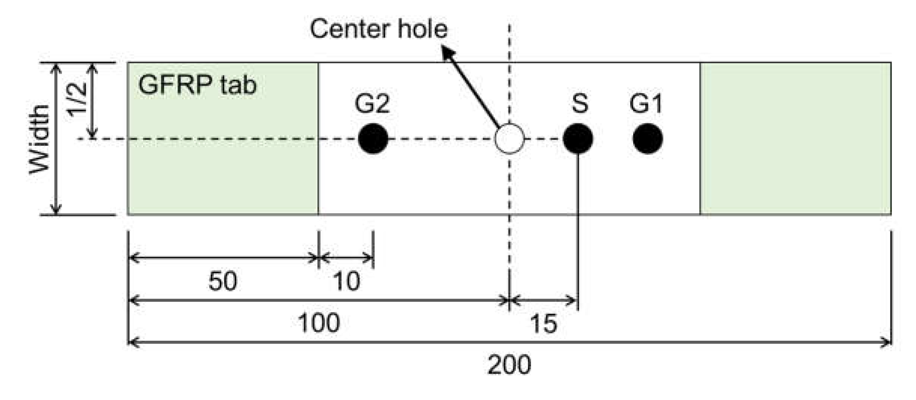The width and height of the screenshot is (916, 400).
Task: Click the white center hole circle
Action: coord(509,139)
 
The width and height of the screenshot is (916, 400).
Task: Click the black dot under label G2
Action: coord(373,139)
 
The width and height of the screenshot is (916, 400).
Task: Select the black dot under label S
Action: coord(578,139)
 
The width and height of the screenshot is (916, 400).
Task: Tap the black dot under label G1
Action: coord(647,139)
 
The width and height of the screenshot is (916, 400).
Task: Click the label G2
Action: coord(372,104)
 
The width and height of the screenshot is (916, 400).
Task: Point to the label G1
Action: coord(646,104)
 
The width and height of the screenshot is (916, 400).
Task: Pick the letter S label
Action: coord(579,104)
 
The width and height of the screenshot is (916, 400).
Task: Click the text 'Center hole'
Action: coord(378,29)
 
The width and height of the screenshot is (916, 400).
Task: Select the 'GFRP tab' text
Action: coord(197,85)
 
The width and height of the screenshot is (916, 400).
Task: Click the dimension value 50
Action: coord(223,281)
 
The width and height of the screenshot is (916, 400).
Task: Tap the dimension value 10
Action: coord(346,281)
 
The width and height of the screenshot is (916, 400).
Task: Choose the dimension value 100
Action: coord(318,323)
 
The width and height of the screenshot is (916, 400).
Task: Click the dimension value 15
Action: coord(543,323)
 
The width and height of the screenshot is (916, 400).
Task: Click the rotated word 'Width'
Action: coord(39,139)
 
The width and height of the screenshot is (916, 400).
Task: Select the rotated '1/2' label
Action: coord(77,100)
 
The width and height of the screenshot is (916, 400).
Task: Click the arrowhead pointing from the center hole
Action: coord(447,53)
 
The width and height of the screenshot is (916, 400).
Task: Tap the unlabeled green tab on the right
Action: coord(795,139)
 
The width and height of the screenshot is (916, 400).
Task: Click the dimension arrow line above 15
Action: coord(543,300)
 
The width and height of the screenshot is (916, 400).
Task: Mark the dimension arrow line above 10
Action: coord(346,258)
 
